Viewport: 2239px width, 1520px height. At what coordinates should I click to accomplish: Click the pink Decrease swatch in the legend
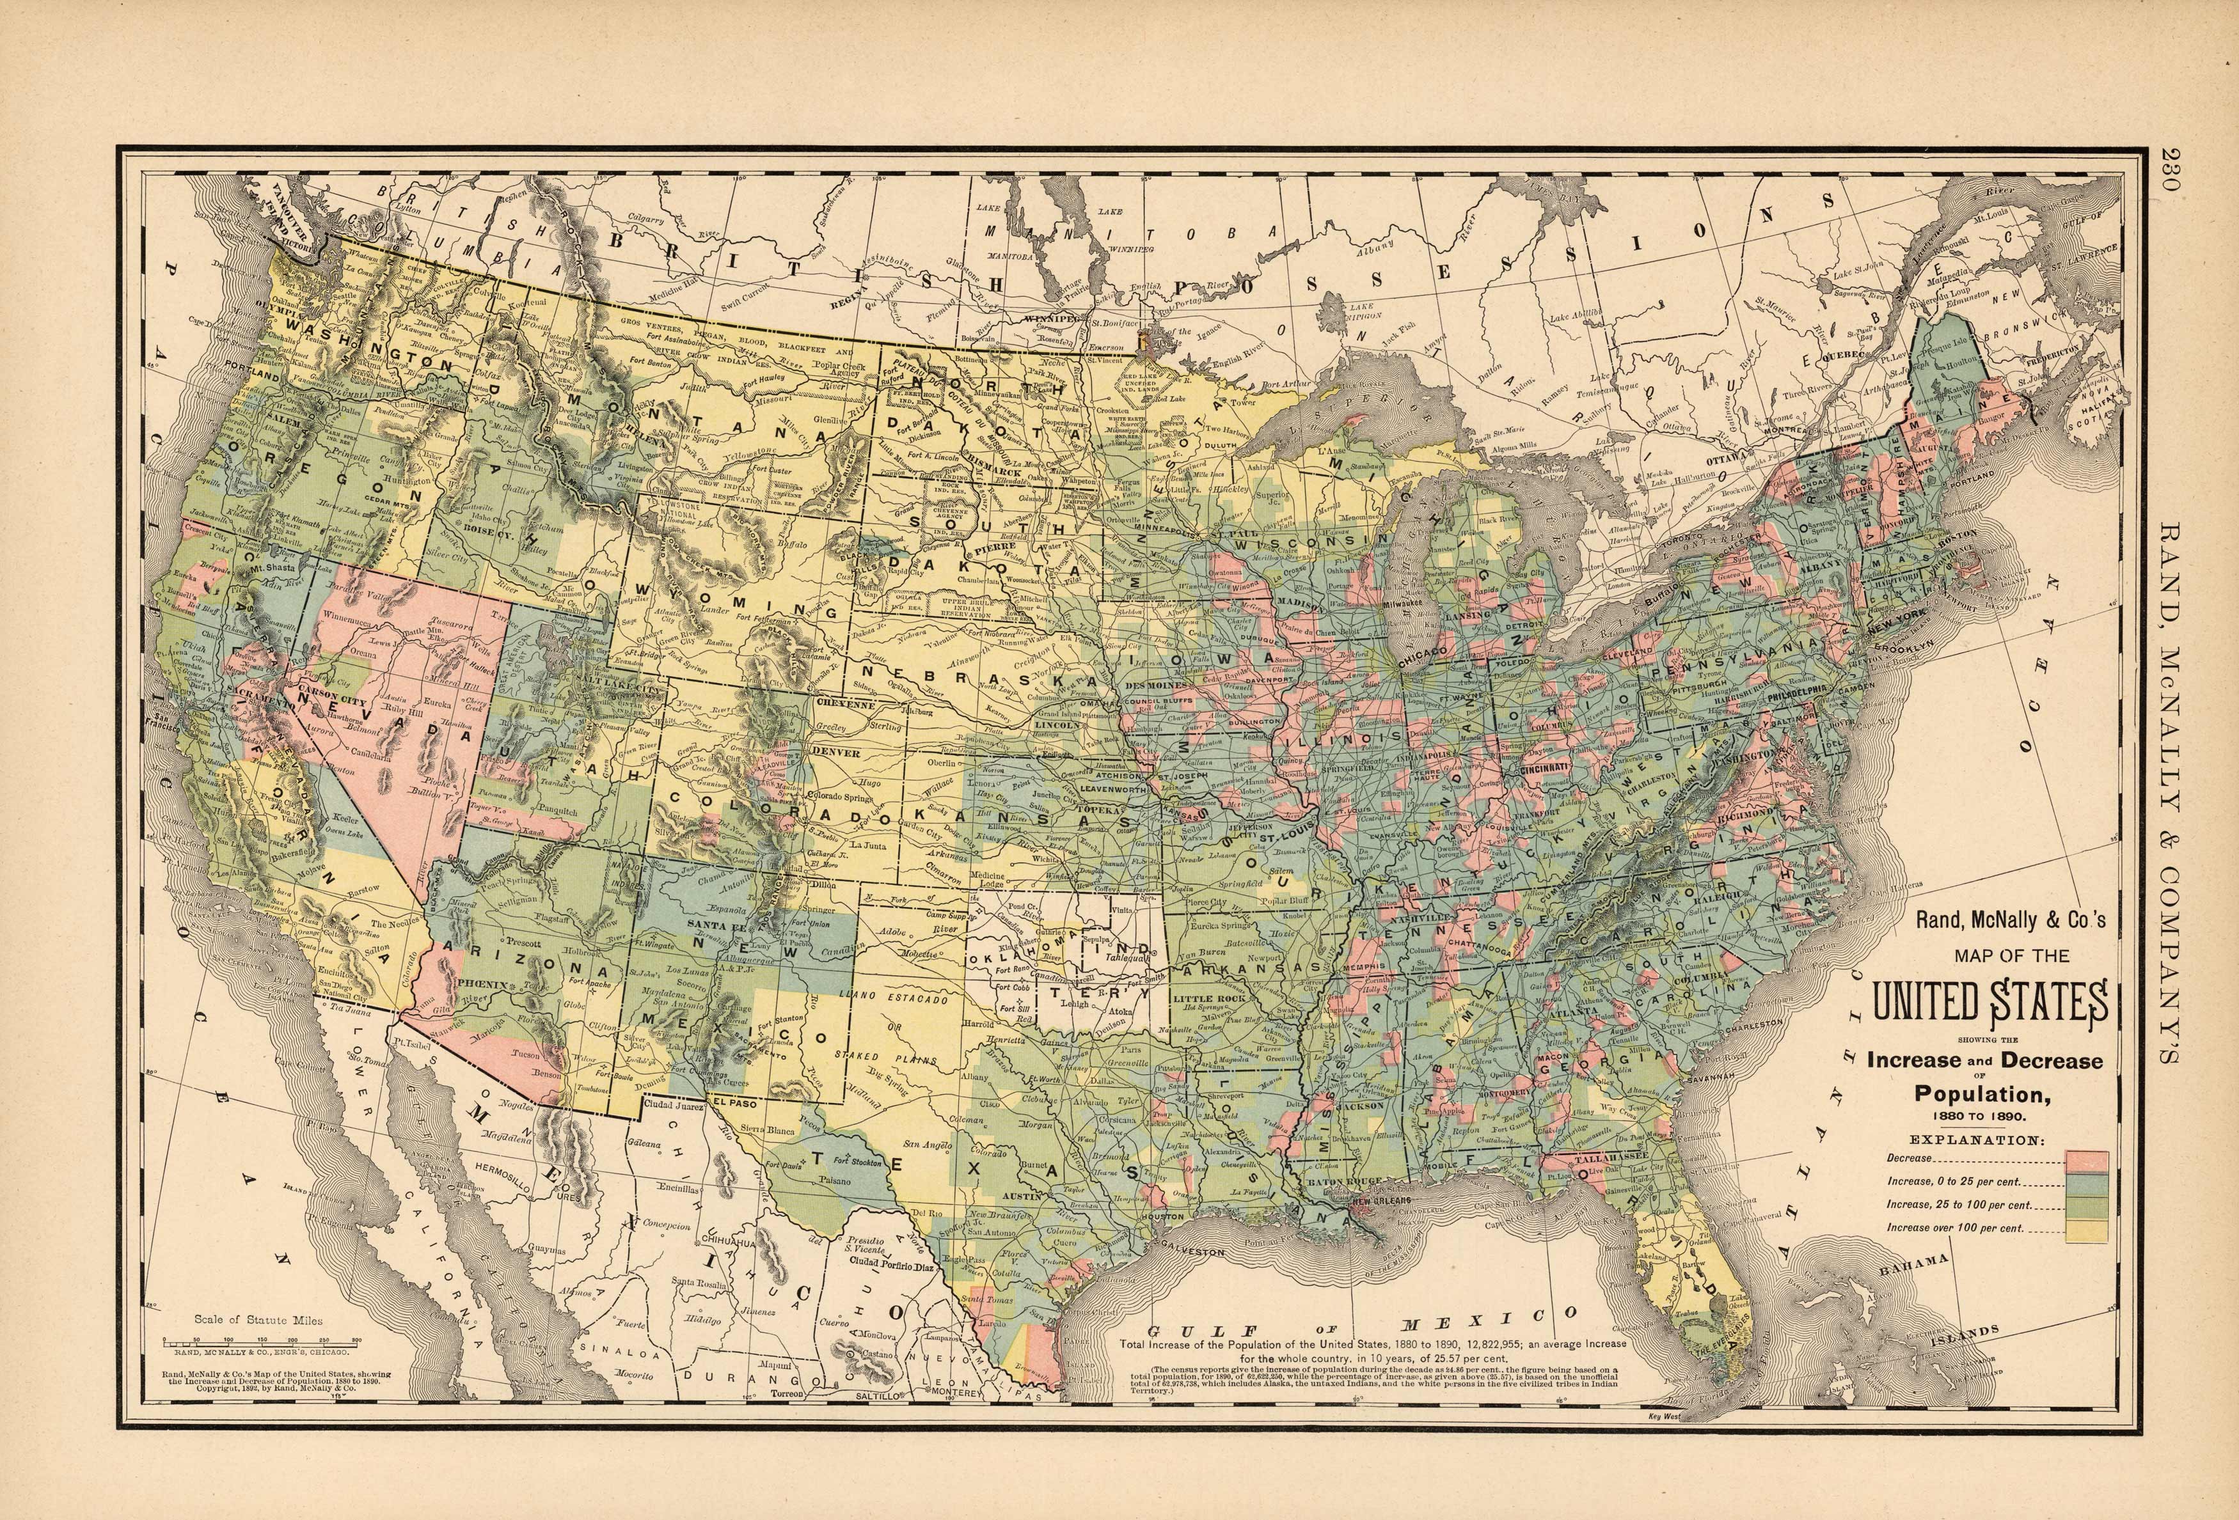tap(2086, 1160)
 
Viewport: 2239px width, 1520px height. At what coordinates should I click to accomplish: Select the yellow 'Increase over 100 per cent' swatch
tap(2086, 1230)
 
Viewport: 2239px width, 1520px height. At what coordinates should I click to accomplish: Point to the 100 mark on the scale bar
tap(228, 1340)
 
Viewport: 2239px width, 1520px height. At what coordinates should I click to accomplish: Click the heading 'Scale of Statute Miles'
tap(258, 1320)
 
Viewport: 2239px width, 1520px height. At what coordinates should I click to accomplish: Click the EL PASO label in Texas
tap(735, 1102)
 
